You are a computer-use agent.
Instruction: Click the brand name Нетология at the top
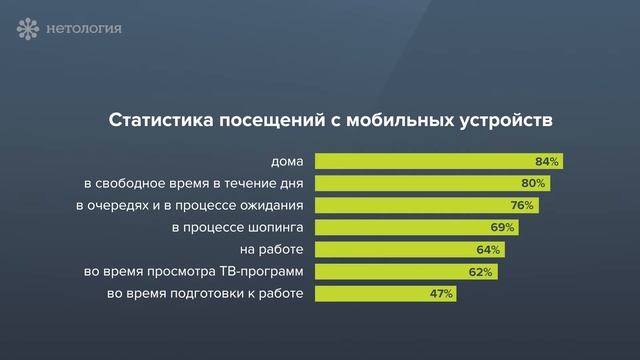coord(84,28)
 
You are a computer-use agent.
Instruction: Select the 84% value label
coord(547,161)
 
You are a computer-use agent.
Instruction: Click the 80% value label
coord(533,183)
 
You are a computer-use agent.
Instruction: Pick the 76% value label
coord(521,205)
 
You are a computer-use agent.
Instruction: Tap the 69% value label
coord(502,227)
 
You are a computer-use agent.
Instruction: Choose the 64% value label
coord(488,249)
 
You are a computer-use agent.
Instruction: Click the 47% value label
coord(441,294)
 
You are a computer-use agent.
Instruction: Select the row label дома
coord(286,161)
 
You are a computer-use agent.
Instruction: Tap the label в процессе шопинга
coord(237,227)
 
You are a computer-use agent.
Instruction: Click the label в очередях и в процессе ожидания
coord(189,205)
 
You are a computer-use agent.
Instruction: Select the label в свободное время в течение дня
coord(193,183)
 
